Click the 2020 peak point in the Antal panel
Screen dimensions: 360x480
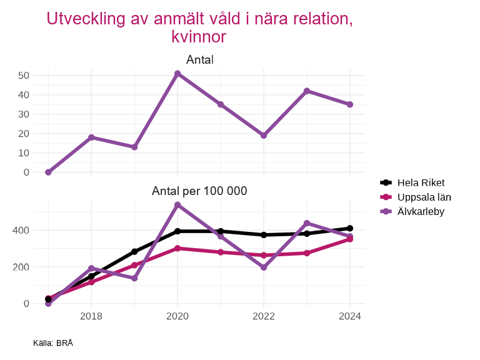pos(177,74)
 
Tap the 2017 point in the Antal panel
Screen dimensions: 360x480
pos(48,172)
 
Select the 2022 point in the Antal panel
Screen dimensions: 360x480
pos(264,135)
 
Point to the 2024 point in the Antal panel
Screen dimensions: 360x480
pos(350,104)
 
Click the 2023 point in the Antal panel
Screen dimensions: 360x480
pos(307,91)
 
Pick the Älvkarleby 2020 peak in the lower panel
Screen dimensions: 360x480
pos(177,205)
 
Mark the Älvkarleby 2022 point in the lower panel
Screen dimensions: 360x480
pos(264,267)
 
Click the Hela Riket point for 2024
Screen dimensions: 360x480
pos(350,229)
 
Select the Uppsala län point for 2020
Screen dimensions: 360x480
pos(177,248)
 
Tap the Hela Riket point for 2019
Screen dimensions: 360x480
pos(134,252)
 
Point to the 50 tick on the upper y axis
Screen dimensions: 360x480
pos(24,76)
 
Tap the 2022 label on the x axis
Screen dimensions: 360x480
pos(264,316)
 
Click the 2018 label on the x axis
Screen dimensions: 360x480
pos(91,316)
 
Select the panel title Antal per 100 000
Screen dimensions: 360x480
pos(199,191)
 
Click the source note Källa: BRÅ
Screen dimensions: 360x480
pos(53,343)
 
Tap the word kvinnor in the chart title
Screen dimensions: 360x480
pos(199,37)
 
